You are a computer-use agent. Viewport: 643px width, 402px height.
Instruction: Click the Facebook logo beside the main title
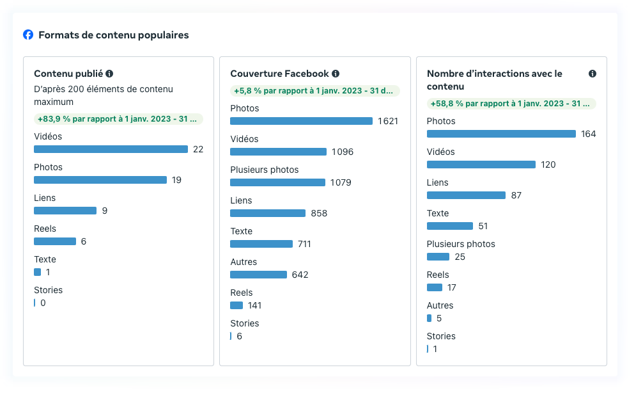click(28, 35)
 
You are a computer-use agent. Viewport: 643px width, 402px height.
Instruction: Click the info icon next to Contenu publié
click(109, 74)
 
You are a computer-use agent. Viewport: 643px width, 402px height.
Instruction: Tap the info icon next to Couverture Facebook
click(336, 74)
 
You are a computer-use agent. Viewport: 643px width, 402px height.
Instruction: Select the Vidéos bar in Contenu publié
click(111, 149)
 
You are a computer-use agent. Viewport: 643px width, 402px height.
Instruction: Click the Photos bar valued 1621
click(301, 121)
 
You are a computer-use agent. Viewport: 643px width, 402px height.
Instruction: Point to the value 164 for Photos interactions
click(589, 134)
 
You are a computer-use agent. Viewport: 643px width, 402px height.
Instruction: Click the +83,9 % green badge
click(118, 119)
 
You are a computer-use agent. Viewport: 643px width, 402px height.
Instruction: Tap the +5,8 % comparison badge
click(314, 91)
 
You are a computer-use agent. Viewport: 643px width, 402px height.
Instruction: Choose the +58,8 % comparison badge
click(511, 104)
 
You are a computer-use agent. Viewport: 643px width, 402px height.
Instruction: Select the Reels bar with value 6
click(55, 241)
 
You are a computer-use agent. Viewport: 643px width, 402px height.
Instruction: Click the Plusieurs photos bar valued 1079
click(277, 182)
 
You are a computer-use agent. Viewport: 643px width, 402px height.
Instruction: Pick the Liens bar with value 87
click(466, 195)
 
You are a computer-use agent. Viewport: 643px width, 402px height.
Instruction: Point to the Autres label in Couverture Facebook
click(244, 262)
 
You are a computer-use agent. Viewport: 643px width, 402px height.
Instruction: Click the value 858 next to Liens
click(319, 213)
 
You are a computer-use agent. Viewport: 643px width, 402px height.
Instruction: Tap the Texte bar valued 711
click(261, 244)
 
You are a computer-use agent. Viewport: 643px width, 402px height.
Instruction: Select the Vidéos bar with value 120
click(481, 165)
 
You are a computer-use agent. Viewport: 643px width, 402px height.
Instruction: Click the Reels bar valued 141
click(236, 305)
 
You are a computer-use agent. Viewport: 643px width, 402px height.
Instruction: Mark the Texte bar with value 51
click(449, 226)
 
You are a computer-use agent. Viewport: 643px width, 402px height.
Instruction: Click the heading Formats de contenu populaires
click(114, 35)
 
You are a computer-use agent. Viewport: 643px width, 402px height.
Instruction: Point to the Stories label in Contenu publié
click(49, 290)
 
